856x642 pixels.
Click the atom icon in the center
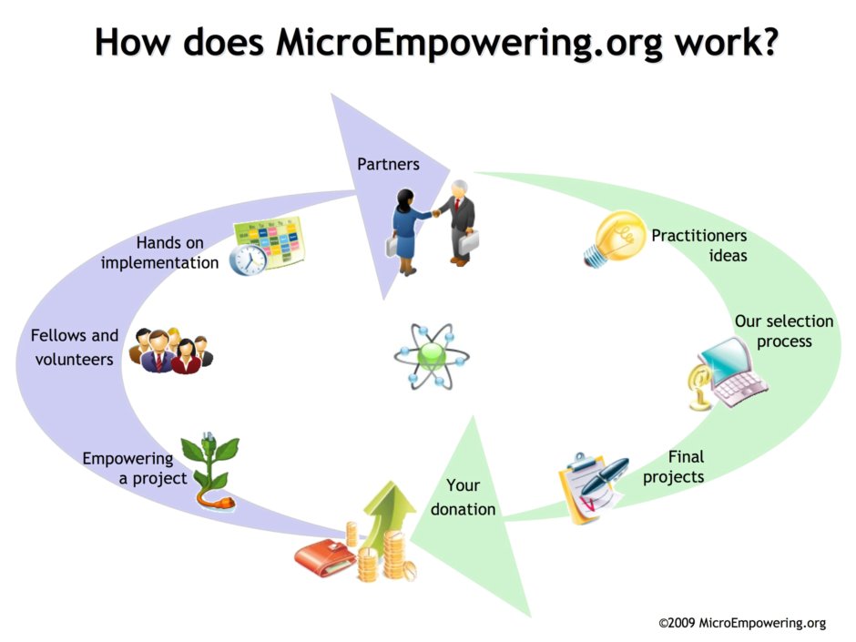tap(431, 355)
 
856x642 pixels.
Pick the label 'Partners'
tap(388, 164)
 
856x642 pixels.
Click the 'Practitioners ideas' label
tap(699, 245)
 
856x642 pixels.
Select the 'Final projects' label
tap(674, 466)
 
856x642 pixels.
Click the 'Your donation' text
tap(464, 497)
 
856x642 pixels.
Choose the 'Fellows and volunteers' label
tap(75, 347)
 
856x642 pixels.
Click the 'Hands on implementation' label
tap(160, 252)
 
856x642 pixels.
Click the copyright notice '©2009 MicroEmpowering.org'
tap(742, 623)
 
